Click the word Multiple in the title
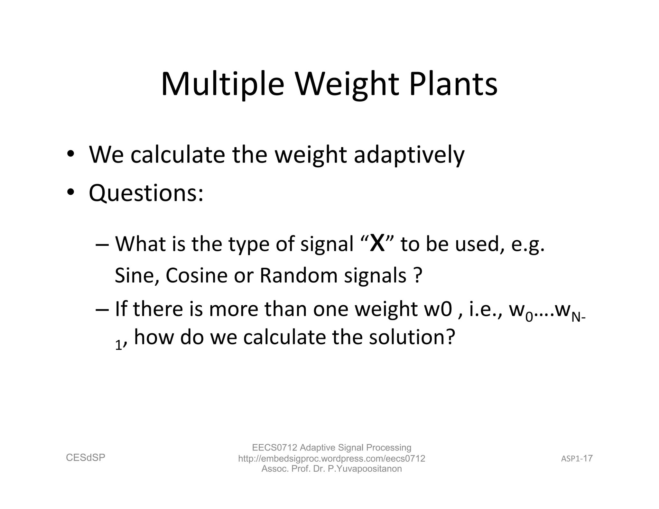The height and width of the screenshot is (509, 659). tap(222, 84)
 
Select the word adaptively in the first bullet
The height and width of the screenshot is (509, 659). tap(409, 155)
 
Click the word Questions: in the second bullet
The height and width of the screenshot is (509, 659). tap(146, 194)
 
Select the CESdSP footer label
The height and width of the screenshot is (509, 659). tap(86, 458)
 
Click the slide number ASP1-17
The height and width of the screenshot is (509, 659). tap(577, 458)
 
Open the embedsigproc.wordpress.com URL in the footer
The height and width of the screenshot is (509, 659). tap(331, 458)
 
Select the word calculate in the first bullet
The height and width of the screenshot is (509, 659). tap(178, 155)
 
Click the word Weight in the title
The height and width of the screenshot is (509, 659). tap(347, 84)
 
